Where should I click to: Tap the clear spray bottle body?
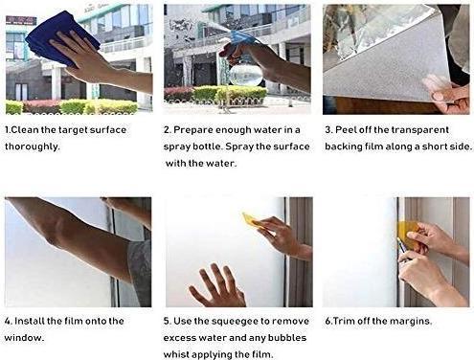(x=246, y=73)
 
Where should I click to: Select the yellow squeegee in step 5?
(x=253, y=220)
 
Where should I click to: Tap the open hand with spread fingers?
(x=217, y=285)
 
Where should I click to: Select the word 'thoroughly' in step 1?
(x=32, y=146)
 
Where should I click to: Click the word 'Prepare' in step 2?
(x=193, y=130)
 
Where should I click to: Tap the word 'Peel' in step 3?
(x=346, y=130)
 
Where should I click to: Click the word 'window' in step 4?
(x=23, y=338)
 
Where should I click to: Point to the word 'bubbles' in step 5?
(x=286, y=338)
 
